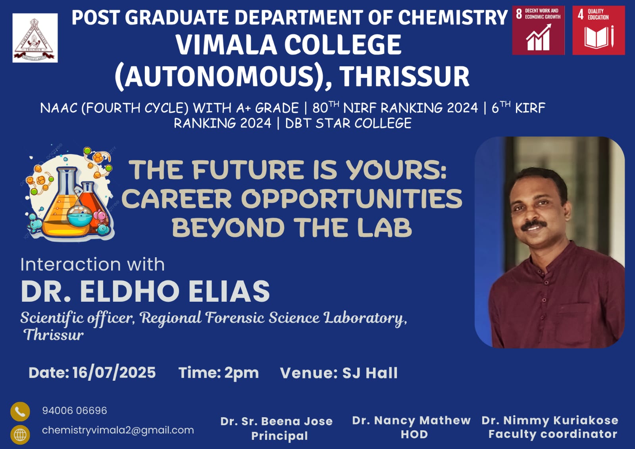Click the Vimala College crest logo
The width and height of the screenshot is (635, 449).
(35, 38)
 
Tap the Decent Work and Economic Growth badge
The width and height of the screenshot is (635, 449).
(538, 30)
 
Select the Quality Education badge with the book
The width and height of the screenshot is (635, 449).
(599, 30)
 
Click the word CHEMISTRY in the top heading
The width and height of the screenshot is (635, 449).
(453, 17)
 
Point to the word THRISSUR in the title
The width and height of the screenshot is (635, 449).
(405, 76)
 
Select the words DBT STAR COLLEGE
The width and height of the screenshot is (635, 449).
(348, 123)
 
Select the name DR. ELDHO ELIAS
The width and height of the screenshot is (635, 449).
(145, 291)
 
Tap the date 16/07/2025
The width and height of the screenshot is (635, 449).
(114, 372)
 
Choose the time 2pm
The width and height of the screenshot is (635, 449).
(242, 373)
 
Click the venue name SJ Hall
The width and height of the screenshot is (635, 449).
(370, 373)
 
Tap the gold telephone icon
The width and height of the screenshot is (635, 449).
(20, 411)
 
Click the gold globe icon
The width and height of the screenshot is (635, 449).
(20, 435)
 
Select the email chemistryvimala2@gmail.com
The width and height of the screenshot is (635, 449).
(118, 430)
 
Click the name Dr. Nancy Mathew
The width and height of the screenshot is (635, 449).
(411, 420)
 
